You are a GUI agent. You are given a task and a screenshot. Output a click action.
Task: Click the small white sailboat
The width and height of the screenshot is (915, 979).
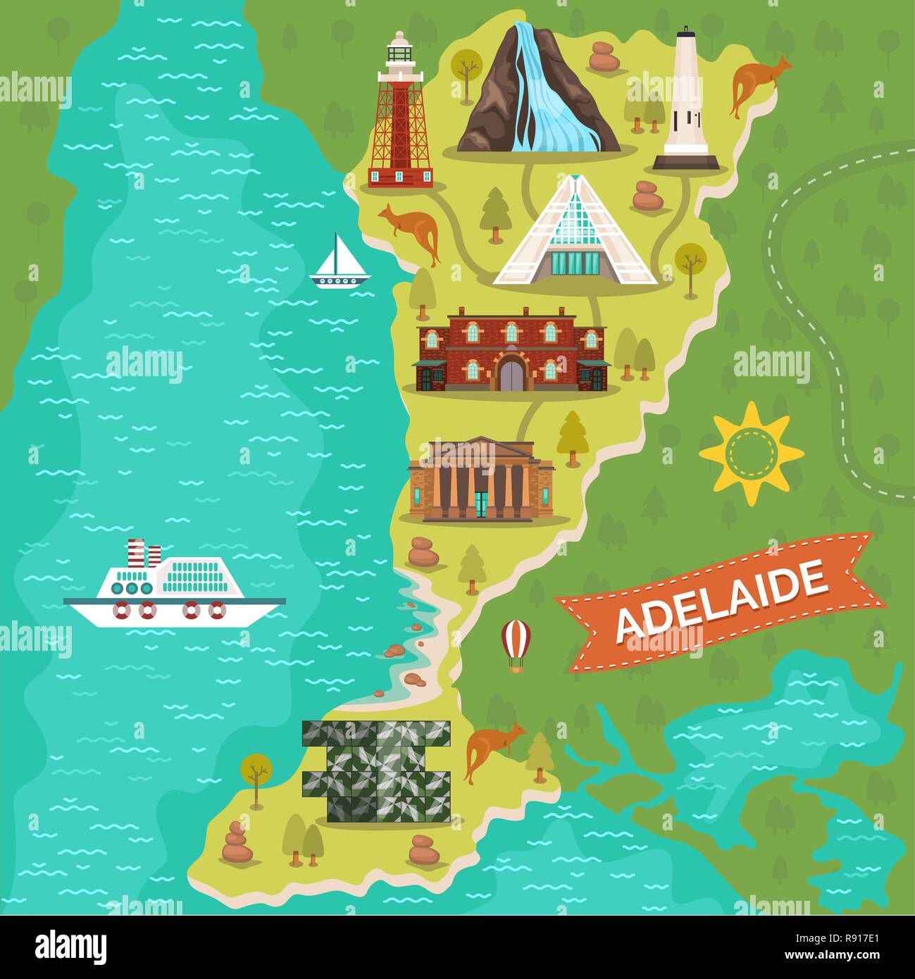tap(339, 263)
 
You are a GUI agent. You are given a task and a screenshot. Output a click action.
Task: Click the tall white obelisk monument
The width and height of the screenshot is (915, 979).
tap(685, 102)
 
